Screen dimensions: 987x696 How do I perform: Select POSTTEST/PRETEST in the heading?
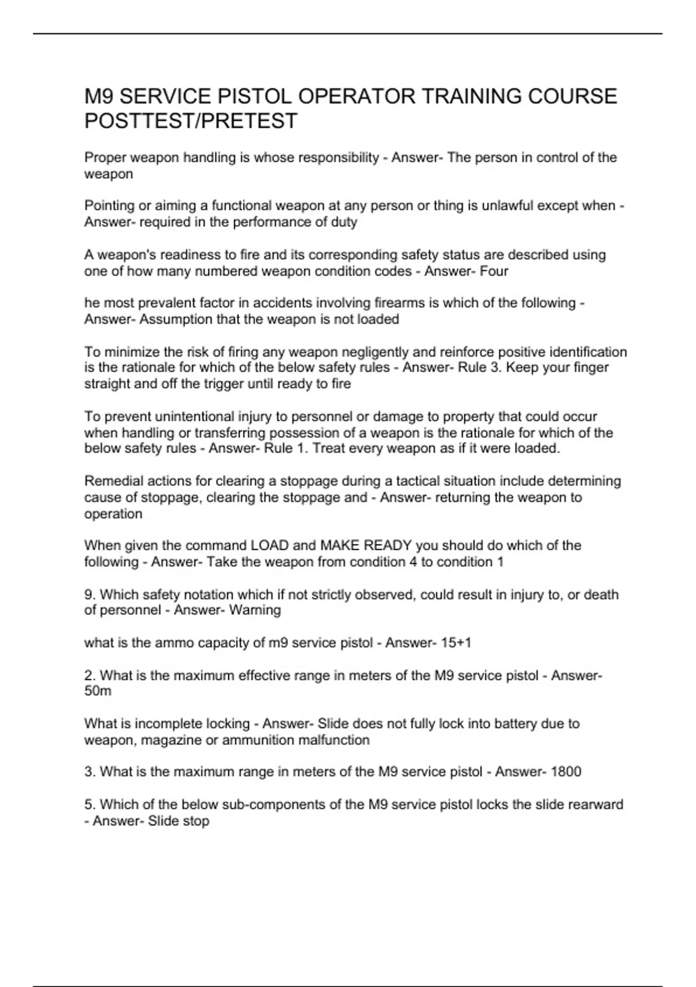[191, 121]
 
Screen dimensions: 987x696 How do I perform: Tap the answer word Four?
[494, 271]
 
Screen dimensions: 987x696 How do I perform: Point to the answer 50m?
[98, 691]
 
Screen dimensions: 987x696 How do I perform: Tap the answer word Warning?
[255, 610]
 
